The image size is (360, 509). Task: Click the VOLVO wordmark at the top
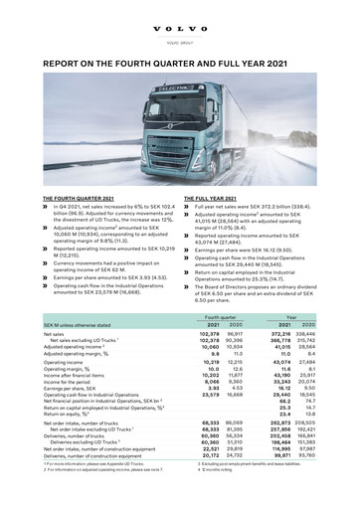180,14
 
